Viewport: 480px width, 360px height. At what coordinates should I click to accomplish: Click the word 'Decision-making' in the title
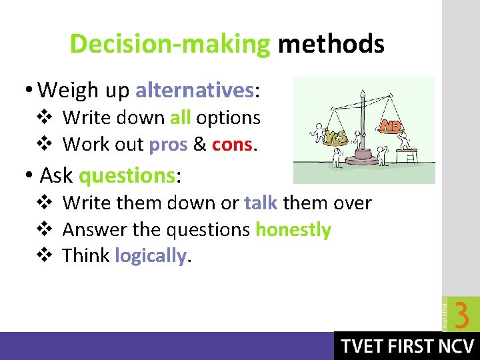pyautogui.click(x=170, y=45)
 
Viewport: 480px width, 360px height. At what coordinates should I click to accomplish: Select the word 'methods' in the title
pyautogui.click(x=331, y=45)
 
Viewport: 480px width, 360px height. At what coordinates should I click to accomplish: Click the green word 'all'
pyautogui.click(x=181, y=117)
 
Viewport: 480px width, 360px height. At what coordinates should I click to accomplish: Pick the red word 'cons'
pyautogui.click(x=232, y=144)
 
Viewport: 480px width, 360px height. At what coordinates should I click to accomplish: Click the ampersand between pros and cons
pyautogui.click(x=199, y=144)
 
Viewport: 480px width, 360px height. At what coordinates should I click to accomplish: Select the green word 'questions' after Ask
pyautogui.click(x=127, y=175)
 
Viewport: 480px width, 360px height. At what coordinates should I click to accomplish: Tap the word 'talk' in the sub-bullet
pyautogui.click(x=261, y=203)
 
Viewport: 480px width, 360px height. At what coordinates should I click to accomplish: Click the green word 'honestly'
pyautogui.click(x=293, y=230)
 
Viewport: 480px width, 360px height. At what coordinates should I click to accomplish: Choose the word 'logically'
pyautogui.click(x=151, y=256)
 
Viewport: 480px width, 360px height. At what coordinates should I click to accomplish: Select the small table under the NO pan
pyautogui.click(x=407, y=155)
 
